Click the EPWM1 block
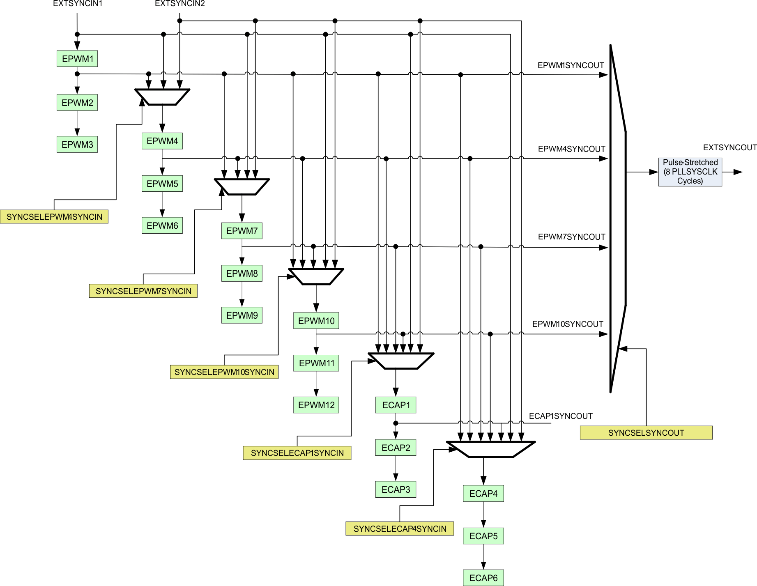click(77, 59)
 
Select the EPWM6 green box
click(162, 225)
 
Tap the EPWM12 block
click(316, 405)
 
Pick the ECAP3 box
click(396, 489)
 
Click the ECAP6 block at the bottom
click(483, 578)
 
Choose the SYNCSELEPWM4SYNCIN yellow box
click(54, 217)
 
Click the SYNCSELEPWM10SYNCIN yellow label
click(224, 372)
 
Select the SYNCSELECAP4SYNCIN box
click(400, 529)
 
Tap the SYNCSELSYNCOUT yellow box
click(646, 433)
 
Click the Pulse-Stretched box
click(690, 172)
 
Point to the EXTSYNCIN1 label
click(78, 4)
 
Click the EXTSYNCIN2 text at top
click(179, 4)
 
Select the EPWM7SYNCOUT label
click(571, 237)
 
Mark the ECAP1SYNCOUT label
click(560, 416)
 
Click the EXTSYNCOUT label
click(729, 147)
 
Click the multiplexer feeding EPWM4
click(162, 97)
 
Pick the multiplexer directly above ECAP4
click(491, 449)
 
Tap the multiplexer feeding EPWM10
click(316, 276)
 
